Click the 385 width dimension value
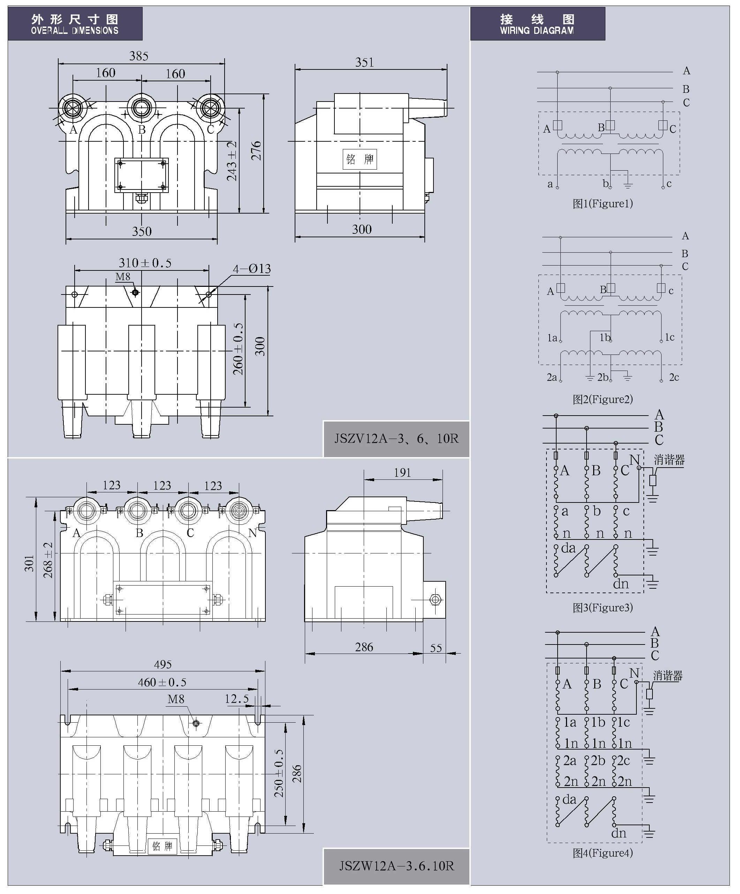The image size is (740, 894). (139, 56)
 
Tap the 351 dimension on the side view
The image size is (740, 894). (365, 62)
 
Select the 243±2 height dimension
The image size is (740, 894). (232, 161)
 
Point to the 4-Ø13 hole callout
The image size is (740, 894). (251, 269)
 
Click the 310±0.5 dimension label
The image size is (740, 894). (145, 263)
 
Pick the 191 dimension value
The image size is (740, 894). (402, 472)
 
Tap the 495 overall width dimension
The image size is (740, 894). (163, 664)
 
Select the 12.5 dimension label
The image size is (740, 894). (236, 699)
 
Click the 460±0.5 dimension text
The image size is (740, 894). (162, 683)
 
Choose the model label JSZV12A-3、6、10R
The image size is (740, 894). (396, 439)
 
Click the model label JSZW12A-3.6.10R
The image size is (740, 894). (396, 866)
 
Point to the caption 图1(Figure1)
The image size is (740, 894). (603, 203)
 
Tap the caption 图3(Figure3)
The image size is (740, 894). (603, 608)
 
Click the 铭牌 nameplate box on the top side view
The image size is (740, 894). (360, 159)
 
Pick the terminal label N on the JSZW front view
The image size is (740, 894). (252, 533)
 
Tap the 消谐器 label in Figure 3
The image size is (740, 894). (669, 460)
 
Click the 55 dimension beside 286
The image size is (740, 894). (436, 648)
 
